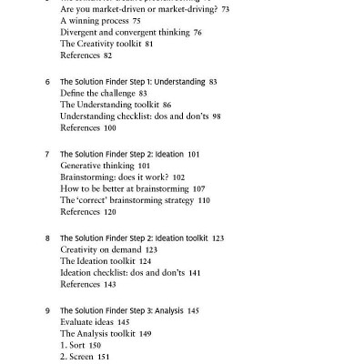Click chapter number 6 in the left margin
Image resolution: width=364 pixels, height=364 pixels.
(x=47, y=81)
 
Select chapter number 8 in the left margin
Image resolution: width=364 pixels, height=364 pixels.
(x=47, y=237)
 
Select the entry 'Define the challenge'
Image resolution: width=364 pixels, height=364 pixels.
(x=99, y=93)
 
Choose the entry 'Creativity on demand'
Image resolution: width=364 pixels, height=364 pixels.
(x=101, y=248)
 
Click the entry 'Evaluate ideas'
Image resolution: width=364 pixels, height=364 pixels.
(x=90, y=322)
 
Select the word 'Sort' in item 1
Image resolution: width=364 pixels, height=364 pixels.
(x=80, y=347)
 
